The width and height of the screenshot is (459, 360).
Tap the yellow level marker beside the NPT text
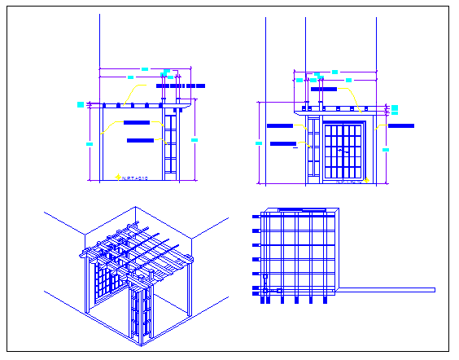[x=119, y=176]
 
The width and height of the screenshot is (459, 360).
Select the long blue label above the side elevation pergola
[x=179, y=85]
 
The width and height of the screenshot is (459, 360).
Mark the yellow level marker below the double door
[x=367, y=180]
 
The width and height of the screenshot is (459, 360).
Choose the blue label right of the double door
[x=401, y=126]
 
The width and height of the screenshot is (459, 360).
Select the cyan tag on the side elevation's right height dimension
[x=195, y=140]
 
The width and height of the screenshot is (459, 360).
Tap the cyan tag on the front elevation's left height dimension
[x=259, y=143]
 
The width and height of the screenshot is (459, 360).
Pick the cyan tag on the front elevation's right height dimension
[x=386, y=149]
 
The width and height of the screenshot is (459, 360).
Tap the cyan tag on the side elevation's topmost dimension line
[x=145, y=68]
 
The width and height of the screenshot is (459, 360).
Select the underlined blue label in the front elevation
[x=282, y=144]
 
